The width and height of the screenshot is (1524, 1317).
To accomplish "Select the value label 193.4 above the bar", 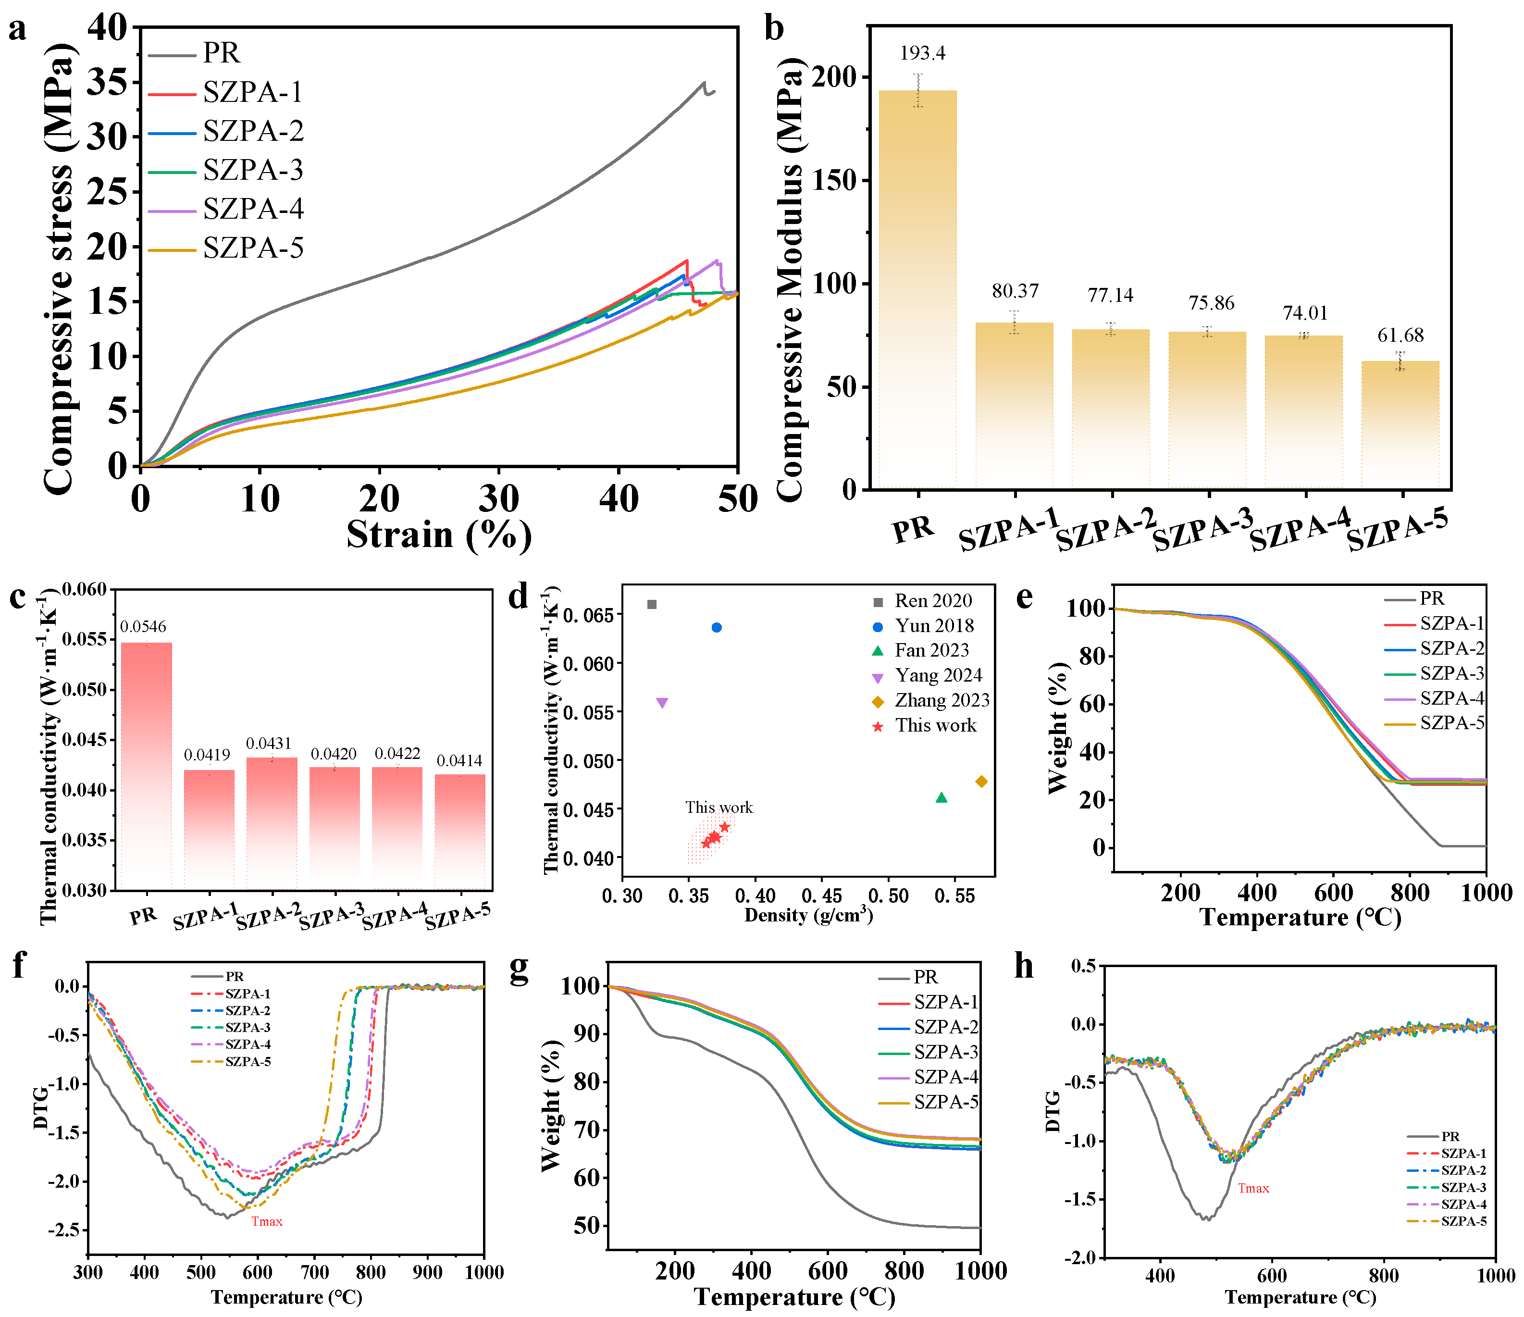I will [x=922, y=53].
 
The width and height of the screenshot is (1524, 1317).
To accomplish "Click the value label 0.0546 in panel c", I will [x=143, y=627].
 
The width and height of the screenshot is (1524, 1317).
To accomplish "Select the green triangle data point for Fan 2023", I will [x=942, y=797].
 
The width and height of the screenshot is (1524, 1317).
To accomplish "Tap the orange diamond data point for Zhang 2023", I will [x=981, y=782].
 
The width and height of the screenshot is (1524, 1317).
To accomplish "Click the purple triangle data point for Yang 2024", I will [x=662, y=703].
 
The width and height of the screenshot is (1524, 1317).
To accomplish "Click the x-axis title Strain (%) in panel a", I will [x=439, y=535].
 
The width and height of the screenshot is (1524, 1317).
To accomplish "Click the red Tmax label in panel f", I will [x=267, y=1221].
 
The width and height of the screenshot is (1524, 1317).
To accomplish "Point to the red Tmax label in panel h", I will [x=1253, y=1188].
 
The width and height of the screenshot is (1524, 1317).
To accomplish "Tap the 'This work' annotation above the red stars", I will [x=719, y=807].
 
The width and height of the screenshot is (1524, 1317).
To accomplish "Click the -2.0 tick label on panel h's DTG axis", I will [x=1079, y=1258].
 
